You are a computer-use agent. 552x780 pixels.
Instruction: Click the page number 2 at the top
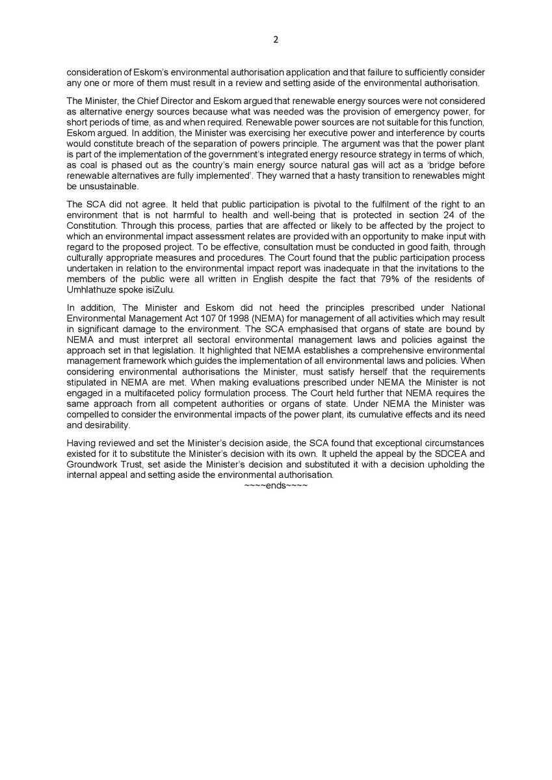click(276, 39)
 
